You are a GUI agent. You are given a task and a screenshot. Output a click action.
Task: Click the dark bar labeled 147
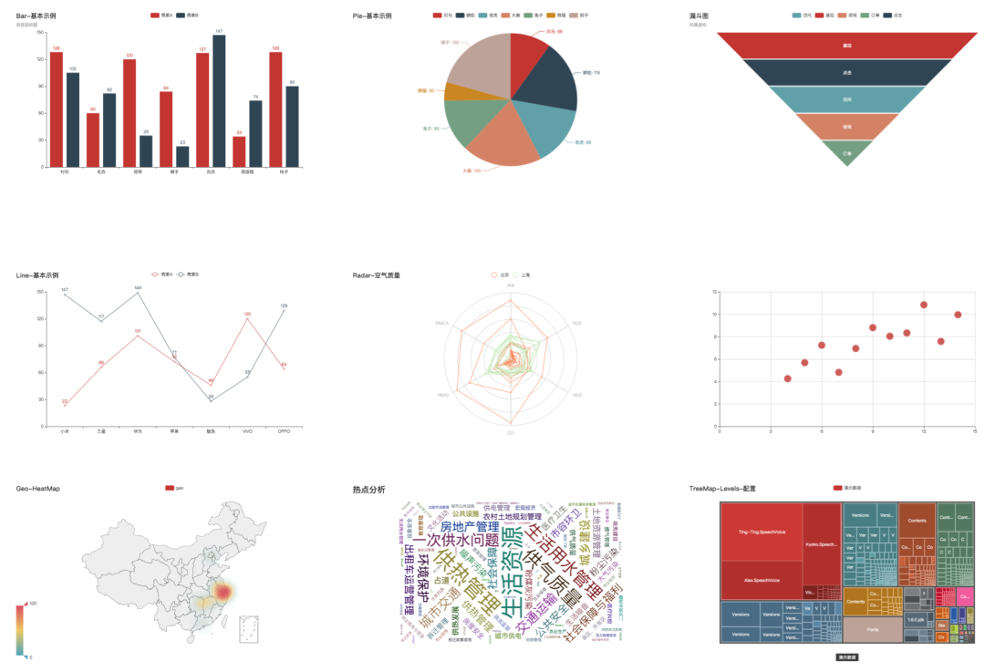[x=219, y=100]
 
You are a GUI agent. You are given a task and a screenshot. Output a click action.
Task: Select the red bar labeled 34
[x=239, y=151]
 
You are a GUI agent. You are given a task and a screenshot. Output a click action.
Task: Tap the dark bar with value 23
[x=182, y=157]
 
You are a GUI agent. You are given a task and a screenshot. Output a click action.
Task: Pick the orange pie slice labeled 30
[x=451, y=91]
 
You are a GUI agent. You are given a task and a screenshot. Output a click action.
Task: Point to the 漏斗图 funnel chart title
[x=700, y=16]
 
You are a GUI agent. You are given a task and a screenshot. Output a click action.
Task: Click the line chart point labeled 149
[x=138, y=293]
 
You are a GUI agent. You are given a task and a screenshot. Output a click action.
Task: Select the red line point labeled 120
[x=247, y=319]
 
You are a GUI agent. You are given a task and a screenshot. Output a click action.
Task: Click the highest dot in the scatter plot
[x=924, y=305]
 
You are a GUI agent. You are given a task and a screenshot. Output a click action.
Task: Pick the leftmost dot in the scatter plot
[x=787, y=378]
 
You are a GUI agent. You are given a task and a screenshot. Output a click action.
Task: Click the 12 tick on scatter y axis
[x=715, y=292]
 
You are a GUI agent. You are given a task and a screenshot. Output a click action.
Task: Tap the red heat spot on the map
[x=222, y=592]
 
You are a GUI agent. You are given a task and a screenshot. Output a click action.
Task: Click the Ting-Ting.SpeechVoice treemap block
[x=761, y=531]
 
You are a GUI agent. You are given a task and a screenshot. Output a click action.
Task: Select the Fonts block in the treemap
[x=872, y=630]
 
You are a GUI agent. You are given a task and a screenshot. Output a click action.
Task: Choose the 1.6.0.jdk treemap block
[x=915, y=619]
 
